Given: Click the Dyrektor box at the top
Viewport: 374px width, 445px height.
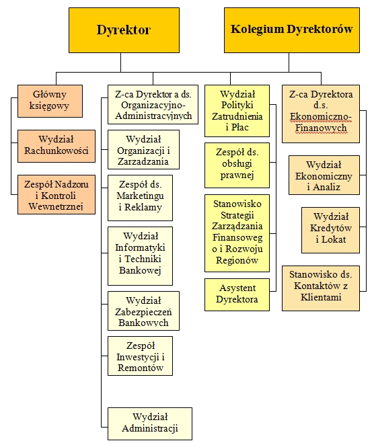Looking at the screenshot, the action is pos(124,30).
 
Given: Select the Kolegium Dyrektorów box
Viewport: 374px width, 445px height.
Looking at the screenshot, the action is pos(292,30).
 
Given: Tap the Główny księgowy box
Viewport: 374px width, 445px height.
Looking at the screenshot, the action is pos(50,101).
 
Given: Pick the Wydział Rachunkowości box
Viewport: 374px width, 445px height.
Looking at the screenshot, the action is pos(57,146).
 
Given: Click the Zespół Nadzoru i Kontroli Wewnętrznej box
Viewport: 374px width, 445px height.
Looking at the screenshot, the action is pos(57,194).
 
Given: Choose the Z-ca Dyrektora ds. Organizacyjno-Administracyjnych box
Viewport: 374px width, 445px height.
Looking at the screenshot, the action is pos(153,104).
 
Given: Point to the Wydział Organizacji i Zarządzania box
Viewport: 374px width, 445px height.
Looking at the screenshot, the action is pos(143,149).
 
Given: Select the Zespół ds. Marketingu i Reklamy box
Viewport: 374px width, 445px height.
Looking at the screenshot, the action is pos(140,198).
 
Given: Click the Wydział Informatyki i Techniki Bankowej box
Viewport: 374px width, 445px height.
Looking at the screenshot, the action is pos(140,256).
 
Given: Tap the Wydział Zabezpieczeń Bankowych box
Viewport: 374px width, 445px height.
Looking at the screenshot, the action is pos(143,311).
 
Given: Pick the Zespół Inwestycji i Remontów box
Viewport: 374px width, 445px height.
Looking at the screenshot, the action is pos(140,356).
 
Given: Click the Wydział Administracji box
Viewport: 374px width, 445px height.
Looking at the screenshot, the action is pos(149,423).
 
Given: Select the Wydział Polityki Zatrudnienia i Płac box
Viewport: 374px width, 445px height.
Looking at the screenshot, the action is pos(237,111).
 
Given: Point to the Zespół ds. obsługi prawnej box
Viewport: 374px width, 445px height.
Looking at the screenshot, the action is pos(237,165).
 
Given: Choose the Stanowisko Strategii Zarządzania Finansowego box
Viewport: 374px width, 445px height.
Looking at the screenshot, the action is pos(237,233).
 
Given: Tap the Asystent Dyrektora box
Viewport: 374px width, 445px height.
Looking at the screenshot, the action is pos(237,294).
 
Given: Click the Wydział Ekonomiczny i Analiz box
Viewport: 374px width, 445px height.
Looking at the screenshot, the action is pos(324,175).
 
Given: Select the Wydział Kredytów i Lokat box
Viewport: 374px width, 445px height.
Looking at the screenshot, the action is pos(330,230).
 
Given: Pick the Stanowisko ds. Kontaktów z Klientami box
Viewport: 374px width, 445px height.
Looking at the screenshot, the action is pos(321,288).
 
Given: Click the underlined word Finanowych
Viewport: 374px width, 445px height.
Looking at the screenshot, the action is pos(321,128).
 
